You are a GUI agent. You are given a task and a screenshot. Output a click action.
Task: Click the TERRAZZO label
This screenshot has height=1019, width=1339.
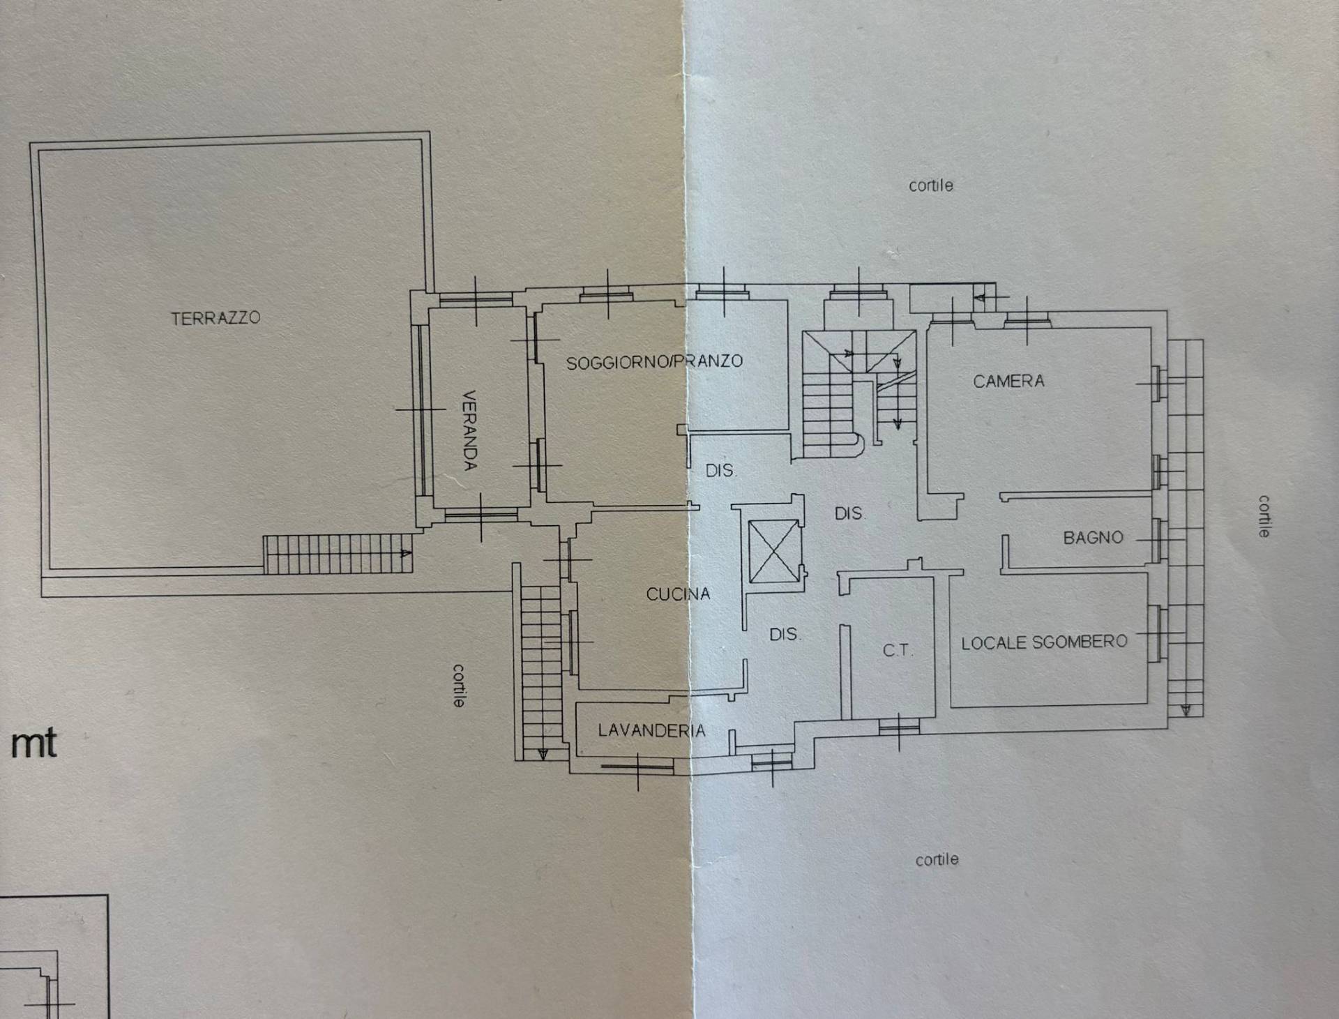point(215,318)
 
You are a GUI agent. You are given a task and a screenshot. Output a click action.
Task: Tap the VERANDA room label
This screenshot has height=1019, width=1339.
point(471,430)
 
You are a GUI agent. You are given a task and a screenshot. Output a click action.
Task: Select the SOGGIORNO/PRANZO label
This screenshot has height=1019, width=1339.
point(654,362)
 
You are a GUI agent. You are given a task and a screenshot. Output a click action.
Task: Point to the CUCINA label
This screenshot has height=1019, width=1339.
point(678,594)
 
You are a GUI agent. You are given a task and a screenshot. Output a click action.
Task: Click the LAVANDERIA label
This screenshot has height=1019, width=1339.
point(651,730)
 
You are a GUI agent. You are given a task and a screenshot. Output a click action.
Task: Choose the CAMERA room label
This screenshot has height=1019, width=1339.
point(1008,381)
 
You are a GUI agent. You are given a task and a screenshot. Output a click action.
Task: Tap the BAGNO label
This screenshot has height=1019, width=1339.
point(1093,538)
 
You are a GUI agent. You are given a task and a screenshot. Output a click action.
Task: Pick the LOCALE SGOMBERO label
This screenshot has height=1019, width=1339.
point(1044,642)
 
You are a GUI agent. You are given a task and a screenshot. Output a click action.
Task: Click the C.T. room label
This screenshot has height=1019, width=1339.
point(897,651)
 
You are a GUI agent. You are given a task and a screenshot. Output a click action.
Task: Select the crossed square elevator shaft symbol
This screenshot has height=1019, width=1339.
point(773,551)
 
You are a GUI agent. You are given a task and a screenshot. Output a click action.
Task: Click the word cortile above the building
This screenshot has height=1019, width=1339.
point(930,186)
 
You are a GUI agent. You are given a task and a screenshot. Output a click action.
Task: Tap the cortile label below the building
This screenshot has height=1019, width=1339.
point(937,860)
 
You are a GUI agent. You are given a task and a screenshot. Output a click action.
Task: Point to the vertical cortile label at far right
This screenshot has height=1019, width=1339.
point(1264,516)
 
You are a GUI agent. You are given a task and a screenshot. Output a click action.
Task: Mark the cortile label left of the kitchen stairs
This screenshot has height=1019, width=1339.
point(459,685)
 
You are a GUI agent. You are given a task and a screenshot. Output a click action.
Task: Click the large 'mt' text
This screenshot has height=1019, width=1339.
point(33,744)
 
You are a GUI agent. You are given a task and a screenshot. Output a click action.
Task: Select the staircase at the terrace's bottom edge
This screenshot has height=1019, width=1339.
point(338,554)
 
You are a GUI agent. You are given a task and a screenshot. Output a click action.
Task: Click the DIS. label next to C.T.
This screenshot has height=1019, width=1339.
point(785,635)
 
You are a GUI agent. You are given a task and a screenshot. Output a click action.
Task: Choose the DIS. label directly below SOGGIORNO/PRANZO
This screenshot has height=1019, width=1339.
point(720,471)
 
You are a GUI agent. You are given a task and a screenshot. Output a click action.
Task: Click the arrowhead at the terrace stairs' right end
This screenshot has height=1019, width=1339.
point(405,554)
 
